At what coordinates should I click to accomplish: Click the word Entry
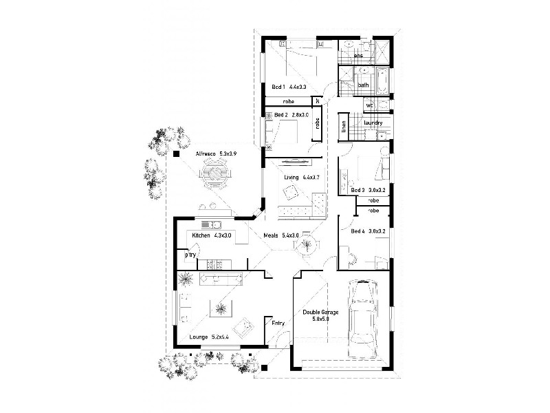(x=278, y=322)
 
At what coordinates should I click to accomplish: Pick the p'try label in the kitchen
(x=190, y=255)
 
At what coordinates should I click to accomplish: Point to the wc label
(x=369, y=105)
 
